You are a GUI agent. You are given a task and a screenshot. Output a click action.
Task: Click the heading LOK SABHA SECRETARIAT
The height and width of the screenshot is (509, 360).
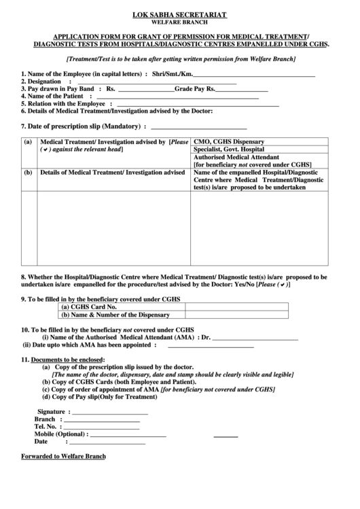coord(179,14)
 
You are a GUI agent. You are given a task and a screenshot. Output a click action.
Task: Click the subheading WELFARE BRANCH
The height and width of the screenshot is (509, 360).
coord(179,22)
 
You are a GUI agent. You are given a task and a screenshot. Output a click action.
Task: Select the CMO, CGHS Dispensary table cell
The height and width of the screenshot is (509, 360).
coord(229,142)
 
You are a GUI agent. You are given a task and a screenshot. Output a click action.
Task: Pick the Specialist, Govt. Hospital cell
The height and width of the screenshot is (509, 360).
coord(229,150)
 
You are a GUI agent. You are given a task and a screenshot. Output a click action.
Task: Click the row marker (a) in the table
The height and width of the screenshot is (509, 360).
coord(28,143)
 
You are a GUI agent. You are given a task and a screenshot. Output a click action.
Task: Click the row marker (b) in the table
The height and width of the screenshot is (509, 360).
coord(28,173)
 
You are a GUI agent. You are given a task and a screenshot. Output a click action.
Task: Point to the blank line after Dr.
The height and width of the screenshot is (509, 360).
coord(257,338)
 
